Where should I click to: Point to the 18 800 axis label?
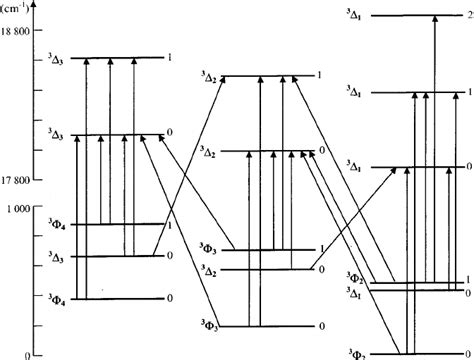pos(19,33)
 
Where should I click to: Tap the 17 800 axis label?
pos(19,180)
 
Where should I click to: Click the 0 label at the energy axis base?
pos(29,354)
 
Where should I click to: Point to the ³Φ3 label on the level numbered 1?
pos(209,248)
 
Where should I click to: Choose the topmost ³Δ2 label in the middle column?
pos(209,78)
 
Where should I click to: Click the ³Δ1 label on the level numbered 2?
pos(356,17)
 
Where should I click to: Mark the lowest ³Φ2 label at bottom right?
pos(354,354)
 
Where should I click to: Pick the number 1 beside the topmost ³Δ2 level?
pos(319,76)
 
